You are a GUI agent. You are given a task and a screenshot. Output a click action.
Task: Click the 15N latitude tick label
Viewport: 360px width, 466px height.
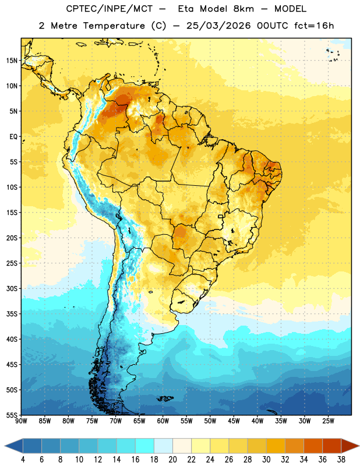click(x=12, y=61)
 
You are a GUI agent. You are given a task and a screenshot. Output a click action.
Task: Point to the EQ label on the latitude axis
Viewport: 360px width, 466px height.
click(x=13, y=137)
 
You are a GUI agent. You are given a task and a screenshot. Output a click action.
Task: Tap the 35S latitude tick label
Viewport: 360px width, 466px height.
click(x=12, y=314)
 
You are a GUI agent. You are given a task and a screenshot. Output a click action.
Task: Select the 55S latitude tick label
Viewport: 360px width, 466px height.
click(x=12, y=415)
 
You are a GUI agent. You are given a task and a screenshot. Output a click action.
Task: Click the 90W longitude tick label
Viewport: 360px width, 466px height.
click(x=21, y=421)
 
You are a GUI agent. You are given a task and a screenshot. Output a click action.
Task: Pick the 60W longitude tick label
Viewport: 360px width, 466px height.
click(x=163, y=421)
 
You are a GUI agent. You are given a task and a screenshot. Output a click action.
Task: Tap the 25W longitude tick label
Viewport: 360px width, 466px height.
click(x=328, y=421)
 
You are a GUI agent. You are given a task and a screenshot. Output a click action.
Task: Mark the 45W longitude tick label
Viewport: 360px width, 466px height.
click(x=234, y=421)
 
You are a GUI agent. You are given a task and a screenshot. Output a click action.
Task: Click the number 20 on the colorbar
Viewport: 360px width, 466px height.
click(x=172, y=460)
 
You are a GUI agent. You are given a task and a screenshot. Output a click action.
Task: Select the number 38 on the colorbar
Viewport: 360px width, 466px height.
click(x=341, y=460)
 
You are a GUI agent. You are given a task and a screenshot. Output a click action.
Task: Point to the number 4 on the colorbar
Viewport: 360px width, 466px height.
click(x=23, y=460)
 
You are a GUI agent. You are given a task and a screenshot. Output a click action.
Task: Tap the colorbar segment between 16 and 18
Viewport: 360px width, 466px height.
click(x=144, y=446)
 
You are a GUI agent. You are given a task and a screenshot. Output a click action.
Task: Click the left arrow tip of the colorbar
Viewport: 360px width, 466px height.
click(x=5, y=446)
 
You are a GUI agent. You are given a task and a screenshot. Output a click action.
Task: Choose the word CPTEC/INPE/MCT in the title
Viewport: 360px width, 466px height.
click(x=109, y=9)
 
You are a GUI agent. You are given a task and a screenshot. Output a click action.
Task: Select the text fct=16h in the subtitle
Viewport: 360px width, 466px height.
click(x=314, y=26)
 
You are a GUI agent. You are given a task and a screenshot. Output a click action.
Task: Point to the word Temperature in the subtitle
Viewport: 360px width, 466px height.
click(x=114, y=26)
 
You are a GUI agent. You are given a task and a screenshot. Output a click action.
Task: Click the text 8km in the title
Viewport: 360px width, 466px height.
click(x=243, y=9)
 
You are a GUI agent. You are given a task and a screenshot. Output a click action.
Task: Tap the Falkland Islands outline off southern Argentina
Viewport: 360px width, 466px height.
click(x=165, y=398)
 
